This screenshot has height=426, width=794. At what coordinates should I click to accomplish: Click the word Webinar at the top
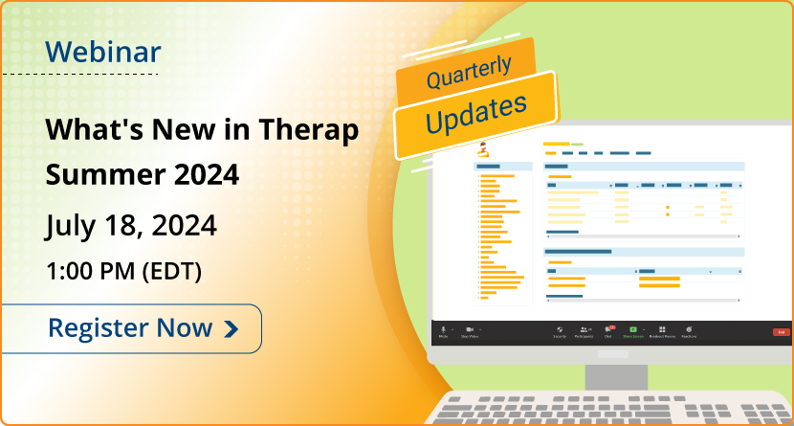104,52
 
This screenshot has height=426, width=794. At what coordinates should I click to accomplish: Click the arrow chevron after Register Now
231,329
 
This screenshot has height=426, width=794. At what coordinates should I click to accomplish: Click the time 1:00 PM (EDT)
124,271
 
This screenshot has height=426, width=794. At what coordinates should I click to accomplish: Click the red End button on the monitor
781,331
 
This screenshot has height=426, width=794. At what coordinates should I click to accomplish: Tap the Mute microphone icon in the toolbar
443,329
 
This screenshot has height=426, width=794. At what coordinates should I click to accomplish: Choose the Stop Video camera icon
470,329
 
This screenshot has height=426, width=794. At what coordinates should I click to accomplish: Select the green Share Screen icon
632,329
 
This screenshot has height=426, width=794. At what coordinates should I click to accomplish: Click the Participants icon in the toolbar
584,329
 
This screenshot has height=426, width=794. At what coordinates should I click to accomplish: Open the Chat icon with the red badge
608,329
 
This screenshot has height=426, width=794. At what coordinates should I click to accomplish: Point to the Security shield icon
559,329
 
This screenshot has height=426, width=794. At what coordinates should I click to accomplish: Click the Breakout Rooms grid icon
662,329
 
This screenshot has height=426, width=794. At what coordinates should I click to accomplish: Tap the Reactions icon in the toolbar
689,329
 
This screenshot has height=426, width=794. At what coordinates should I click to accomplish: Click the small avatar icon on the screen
483,148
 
